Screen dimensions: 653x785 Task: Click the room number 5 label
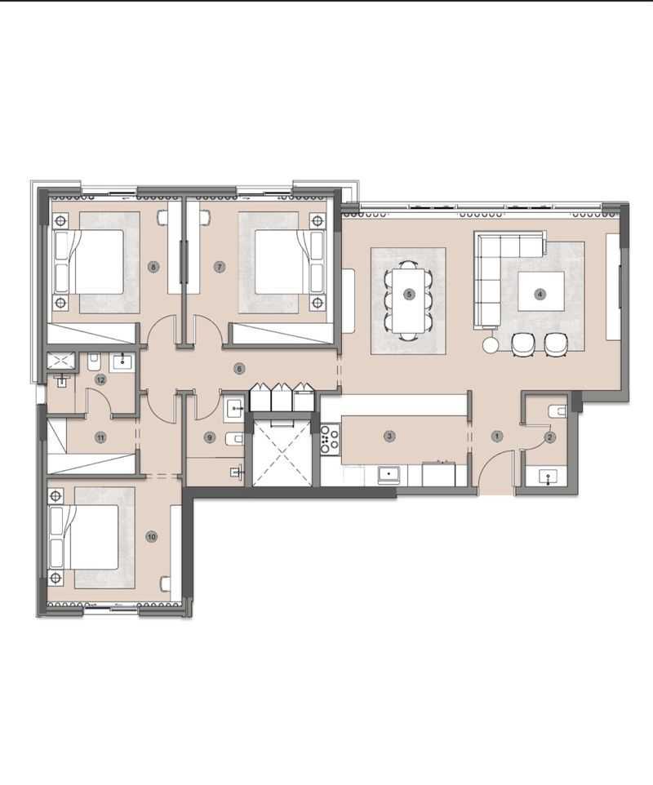point(409,295)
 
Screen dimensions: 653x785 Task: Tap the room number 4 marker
point(540,295)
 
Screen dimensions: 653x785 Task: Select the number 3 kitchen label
point(389,436)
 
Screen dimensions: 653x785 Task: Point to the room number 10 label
point(151,537)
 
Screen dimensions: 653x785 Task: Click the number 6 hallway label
point(239,369)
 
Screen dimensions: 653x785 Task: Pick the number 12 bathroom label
point(100,380)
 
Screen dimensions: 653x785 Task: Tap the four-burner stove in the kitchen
point(330,439)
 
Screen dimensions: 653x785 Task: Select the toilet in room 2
point(557,411)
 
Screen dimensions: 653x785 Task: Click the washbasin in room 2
point(549,477)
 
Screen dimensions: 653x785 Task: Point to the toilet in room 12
point(94,362)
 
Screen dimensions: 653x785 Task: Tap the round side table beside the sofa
point(491,344)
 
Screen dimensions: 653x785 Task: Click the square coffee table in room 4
point(541,290)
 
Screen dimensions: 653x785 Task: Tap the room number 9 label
point(210,437)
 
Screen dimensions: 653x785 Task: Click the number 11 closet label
point(100,437)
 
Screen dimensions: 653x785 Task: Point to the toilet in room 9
point(234,439)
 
